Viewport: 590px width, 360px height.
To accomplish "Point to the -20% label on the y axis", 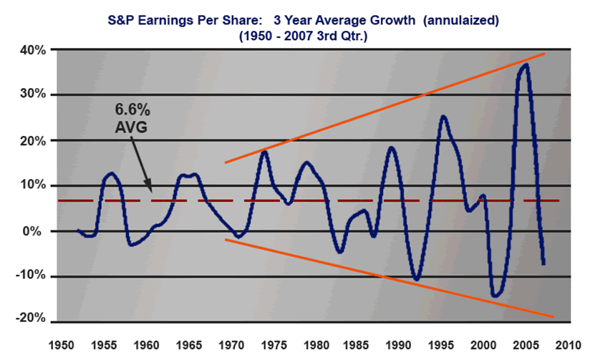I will [x=32, y=318].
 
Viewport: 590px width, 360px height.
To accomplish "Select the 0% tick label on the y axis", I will [x=37, y=231].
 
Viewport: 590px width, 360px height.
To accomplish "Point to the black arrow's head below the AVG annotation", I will [x=151, y=192].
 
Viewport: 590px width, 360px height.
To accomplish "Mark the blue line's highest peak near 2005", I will [x=526, y=65].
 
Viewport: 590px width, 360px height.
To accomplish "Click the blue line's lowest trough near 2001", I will [x=495, y=295].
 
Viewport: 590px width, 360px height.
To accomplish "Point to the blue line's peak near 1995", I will [x=443, y=117].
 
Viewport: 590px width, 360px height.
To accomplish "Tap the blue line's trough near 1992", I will [x=417, y=279].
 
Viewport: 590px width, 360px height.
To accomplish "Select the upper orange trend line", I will [x=387, y=107].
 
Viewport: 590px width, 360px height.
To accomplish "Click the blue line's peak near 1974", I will [x=263, y=151].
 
